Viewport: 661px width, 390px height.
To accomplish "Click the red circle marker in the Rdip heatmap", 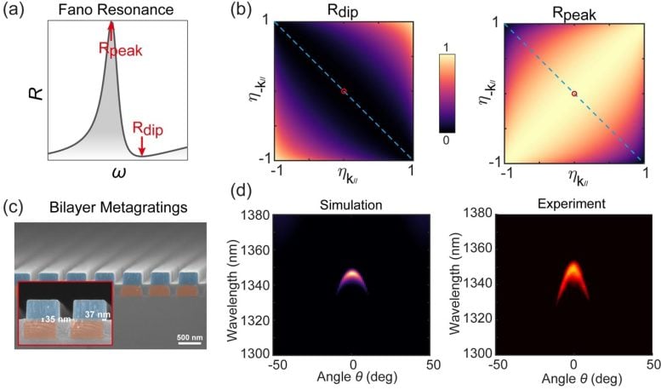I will pos(344,91).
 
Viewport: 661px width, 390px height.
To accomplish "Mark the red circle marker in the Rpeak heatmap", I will pos(574,93).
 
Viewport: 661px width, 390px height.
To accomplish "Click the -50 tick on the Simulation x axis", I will pos(276,364).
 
